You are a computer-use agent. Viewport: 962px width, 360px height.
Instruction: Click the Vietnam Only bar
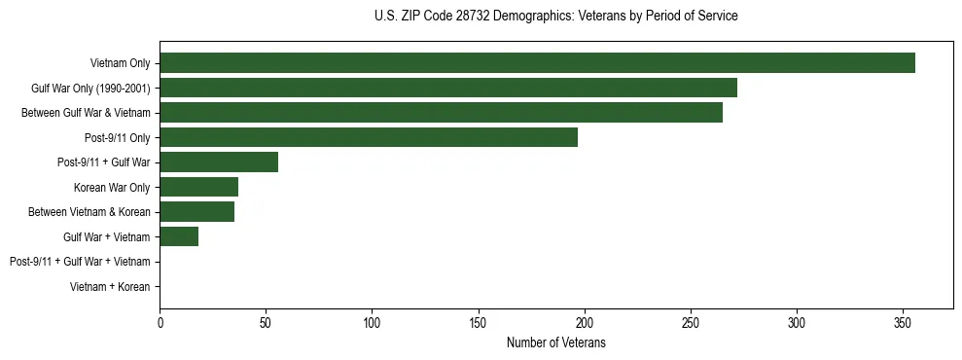(x=537, y=63)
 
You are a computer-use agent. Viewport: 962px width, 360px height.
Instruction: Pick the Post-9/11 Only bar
(x=369, y=137)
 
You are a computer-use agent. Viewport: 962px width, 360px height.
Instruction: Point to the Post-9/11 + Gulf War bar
(x=219, y=162)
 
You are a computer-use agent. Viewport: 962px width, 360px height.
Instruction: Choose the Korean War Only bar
(x=198, y=187)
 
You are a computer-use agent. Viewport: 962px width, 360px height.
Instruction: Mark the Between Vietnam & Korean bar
(x=196, y=212)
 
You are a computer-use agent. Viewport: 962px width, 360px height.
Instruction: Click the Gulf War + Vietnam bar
(x=179, y=236)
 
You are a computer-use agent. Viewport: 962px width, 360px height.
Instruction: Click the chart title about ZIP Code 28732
(x=555, y=17)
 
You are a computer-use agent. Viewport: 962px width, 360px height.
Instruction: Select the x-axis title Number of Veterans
(x=555, y=343)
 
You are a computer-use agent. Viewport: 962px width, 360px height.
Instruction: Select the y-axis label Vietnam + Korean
(x=110, y=287)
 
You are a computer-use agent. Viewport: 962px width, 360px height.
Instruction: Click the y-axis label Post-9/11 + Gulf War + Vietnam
(x=80, y=262)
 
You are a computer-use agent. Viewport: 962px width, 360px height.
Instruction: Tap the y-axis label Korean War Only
(x=112, y=188)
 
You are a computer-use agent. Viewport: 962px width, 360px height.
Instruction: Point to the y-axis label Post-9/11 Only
(x=118, y=138)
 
